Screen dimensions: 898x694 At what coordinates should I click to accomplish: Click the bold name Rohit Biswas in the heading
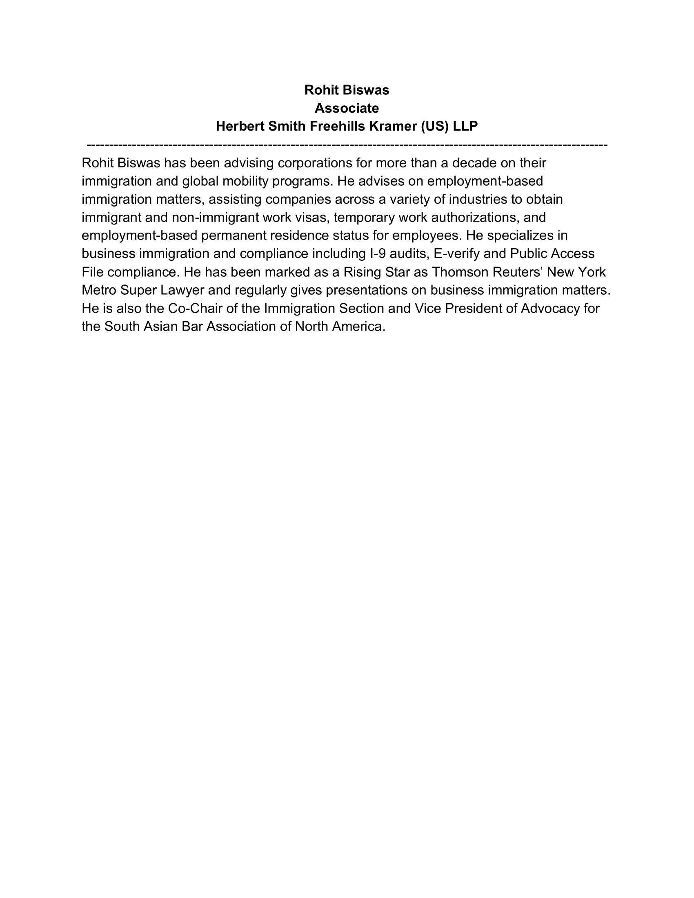pos(347,90)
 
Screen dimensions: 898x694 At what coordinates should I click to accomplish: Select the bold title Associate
pos(347,108)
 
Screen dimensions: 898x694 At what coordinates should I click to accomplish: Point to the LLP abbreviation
pos(465,126)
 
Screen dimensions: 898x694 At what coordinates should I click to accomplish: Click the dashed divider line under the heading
pos(347,145)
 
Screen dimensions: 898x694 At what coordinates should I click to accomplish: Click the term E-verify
pos(456,254)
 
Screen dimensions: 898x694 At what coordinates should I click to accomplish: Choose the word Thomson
pos(457,272)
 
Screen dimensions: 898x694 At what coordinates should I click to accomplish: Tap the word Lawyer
pos(182,290)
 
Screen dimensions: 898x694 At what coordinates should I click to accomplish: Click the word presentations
pos(376,290)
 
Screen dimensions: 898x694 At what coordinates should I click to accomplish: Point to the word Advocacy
pos(550,308)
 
